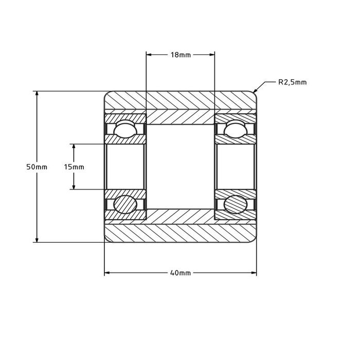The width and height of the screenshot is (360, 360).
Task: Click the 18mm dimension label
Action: pos(181,55)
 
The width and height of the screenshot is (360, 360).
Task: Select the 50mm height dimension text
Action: pos(37,167)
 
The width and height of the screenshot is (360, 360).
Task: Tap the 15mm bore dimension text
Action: pos(74,167)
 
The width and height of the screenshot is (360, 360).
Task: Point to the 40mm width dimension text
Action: pos(181,273)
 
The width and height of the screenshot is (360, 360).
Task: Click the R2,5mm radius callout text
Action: pos(293,82)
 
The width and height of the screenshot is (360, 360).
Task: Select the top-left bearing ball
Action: pos(125,129)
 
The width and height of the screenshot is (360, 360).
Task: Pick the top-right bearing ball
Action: pos(236,129)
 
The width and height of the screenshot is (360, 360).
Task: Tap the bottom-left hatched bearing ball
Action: pos(125,204)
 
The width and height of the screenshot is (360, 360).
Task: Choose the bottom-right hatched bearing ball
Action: pos(236,204)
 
